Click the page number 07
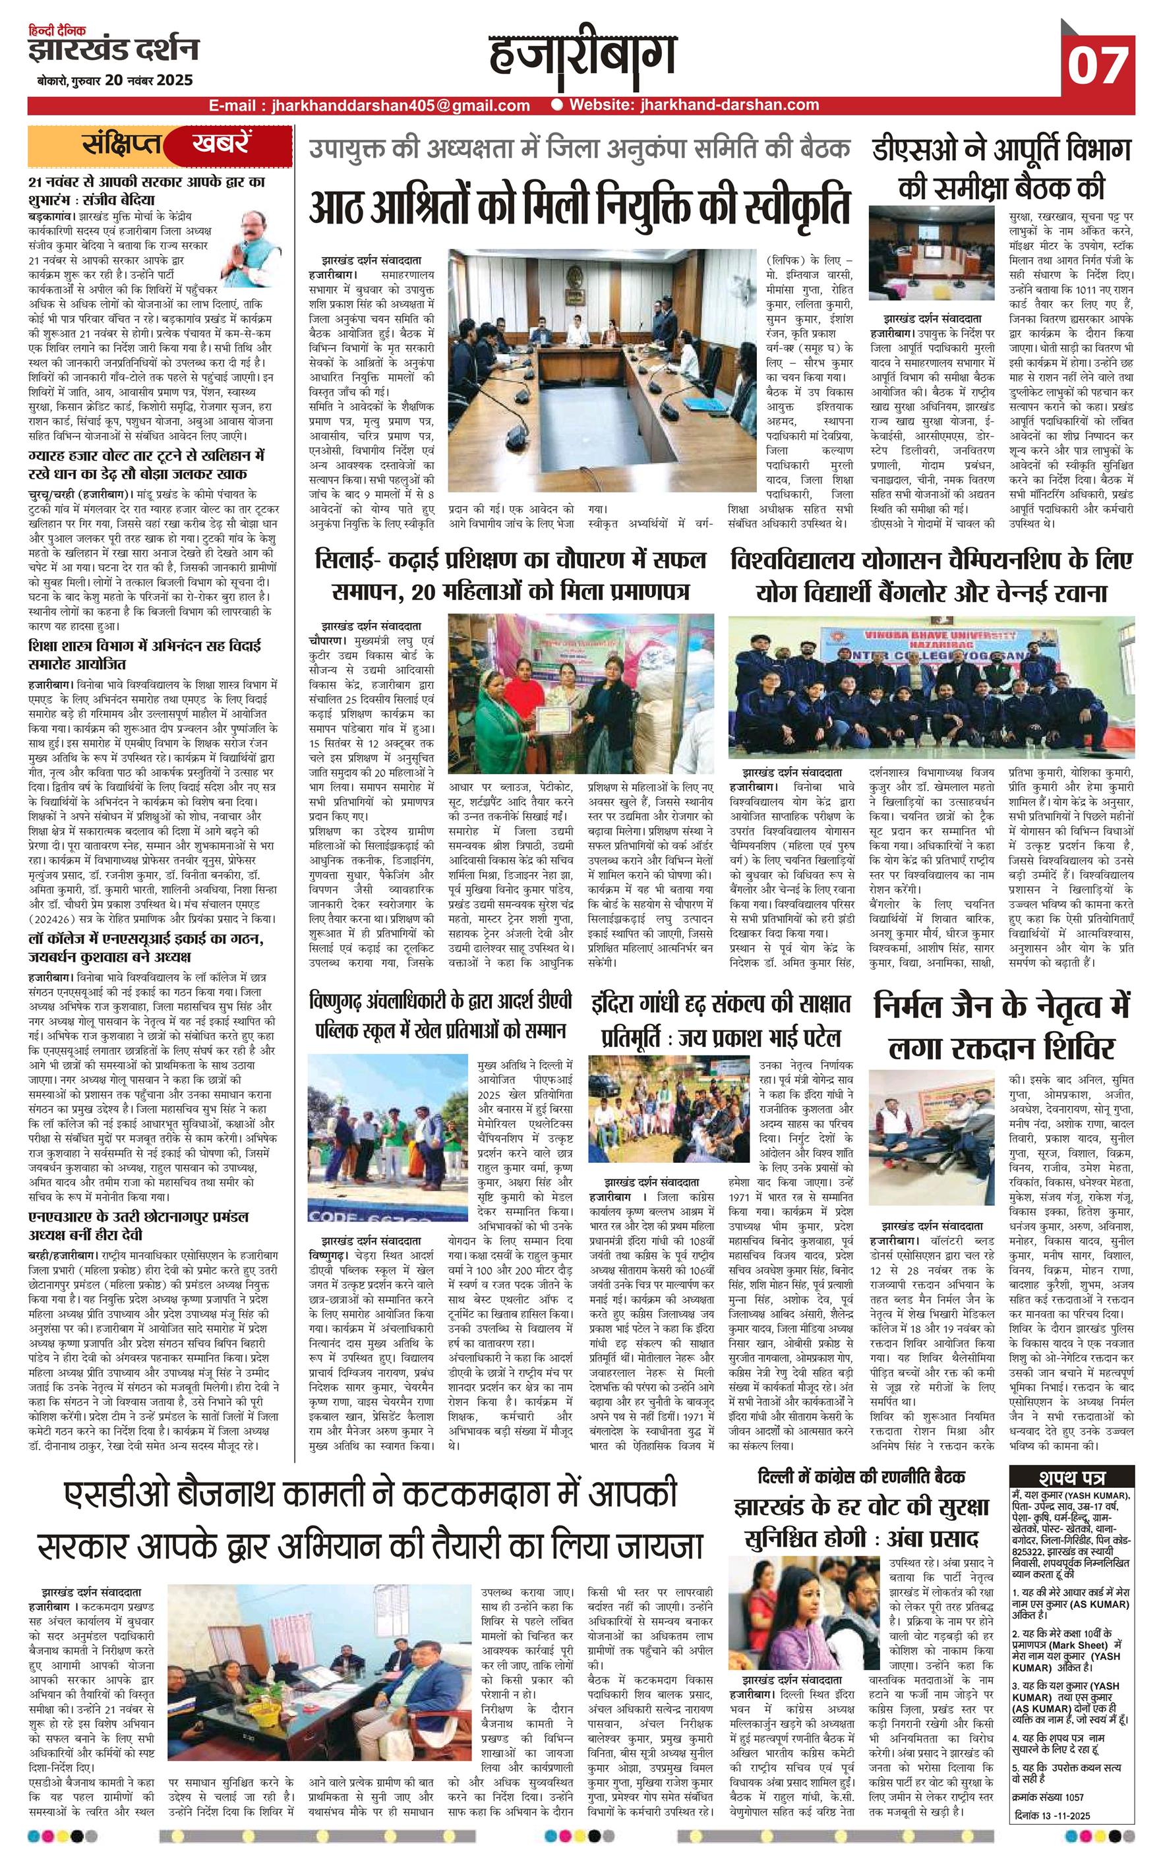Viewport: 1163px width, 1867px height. coord(1098,65)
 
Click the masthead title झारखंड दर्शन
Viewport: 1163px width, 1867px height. coord(113,51)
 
